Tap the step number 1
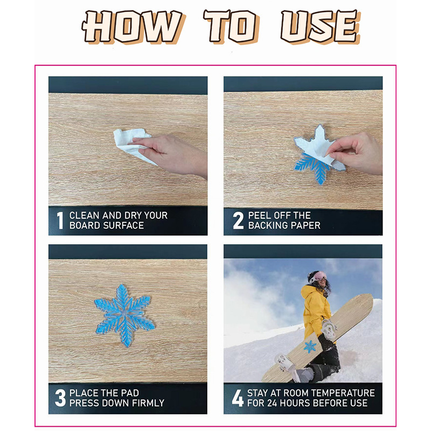click(60, 220)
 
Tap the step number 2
click(238, 220)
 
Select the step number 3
click(60, 398)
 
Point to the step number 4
click(238, 398)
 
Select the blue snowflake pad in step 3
click(124, 315)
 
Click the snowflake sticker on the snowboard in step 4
click(310, 346)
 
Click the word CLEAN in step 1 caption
click(85, 215)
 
